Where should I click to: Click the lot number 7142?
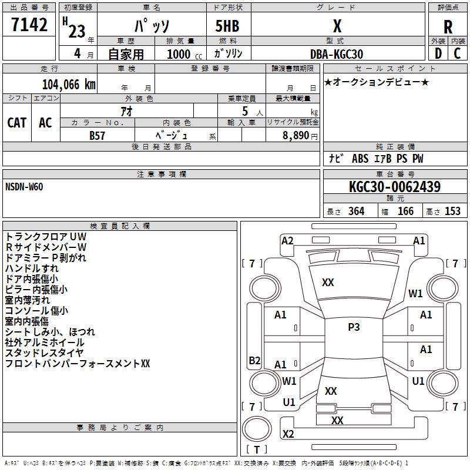coord(29,25)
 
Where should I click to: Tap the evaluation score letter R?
coord(448,26)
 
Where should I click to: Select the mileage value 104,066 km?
coord(69,84)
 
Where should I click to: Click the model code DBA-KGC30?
coord(337,54)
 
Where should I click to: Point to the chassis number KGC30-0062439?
coord(394,187)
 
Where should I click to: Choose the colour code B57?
coord(98,135)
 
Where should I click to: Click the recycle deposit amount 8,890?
coord(296,135)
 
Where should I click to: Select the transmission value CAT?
coord(16,122)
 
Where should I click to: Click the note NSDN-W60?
coord(24,186)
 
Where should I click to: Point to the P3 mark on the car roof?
coord(354,327)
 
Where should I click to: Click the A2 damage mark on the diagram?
coord(287,240)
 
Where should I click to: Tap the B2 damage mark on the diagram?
coord(254,361)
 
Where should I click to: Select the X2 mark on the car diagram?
coord(288,434)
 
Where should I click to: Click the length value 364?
coord(356,211)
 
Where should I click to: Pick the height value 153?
coord(452,211)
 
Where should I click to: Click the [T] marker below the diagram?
coord(256,450)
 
